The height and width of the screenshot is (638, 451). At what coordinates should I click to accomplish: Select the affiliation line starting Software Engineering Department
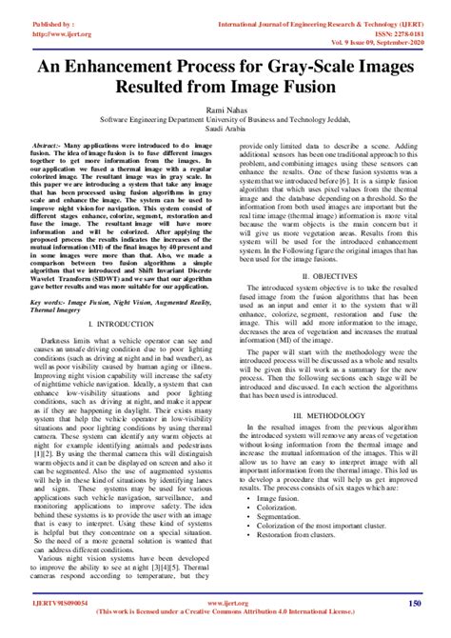(x=225, y=122)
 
